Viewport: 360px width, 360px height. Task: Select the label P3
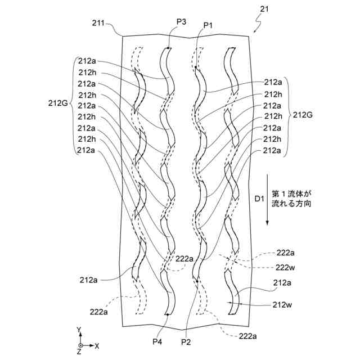(182, 21)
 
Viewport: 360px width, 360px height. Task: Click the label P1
(209, 25)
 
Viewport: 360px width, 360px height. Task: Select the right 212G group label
(303, 115)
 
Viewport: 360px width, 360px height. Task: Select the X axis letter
(97, 345)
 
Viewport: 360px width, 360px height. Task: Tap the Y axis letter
(80, 328)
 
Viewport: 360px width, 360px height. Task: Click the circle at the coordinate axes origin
(81, 345)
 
